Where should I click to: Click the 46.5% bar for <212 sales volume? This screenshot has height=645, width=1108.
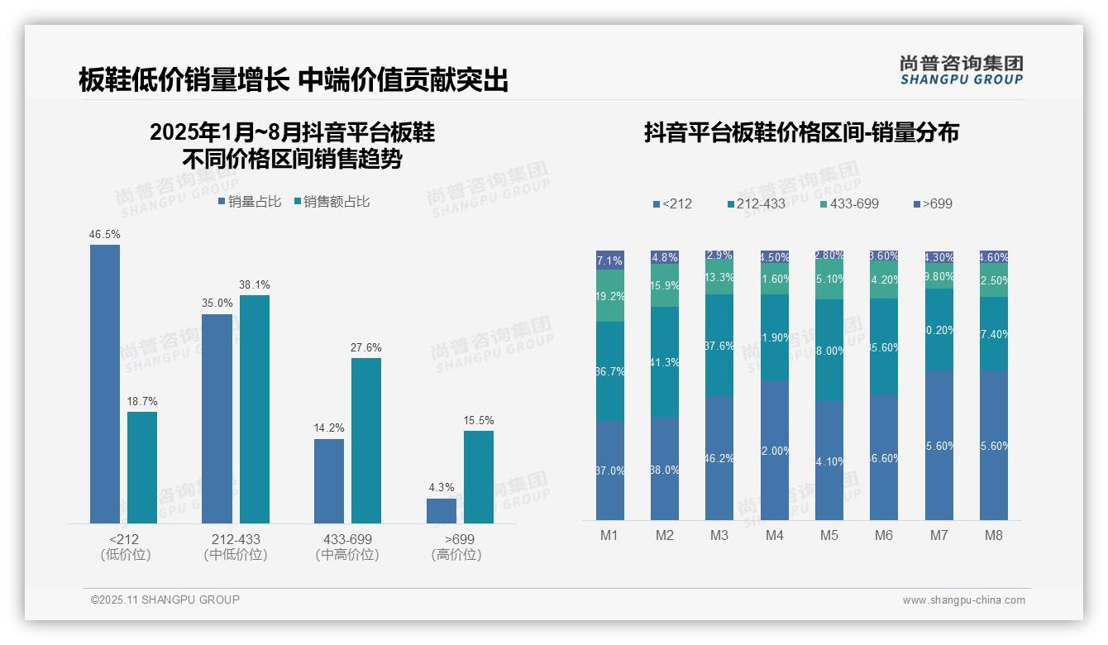(105, 384)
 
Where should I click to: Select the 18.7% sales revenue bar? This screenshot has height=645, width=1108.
(142, 467)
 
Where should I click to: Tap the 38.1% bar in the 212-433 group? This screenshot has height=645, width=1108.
(255, 409)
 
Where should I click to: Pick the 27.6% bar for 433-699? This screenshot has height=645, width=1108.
(366, 440)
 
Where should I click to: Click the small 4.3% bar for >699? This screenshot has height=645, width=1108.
(442, 511)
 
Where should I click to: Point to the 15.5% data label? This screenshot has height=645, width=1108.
(479, 421)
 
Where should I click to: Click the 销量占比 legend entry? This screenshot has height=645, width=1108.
(250, 202)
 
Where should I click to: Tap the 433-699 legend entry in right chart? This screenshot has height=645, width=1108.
(849, 203)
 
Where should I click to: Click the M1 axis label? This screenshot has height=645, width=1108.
(609, 536)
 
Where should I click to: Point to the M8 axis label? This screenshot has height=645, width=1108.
(994, 536)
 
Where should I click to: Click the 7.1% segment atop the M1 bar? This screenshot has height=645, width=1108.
(610, 260)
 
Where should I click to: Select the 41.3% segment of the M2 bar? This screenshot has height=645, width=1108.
(665, 362)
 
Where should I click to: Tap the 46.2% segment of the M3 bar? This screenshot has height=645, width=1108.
(719, 457)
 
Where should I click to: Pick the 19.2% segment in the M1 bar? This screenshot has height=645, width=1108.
(610, 296)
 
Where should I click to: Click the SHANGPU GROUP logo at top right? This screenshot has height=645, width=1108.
(961, 70)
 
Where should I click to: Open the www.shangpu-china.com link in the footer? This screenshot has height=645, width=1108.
(963, 600)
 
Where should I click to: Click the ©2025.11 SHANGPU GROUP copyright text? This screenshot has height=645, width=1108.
(165, 600)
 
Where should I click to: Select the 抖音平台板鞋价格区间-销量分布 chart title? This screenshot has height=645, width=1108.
(800, 133)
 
